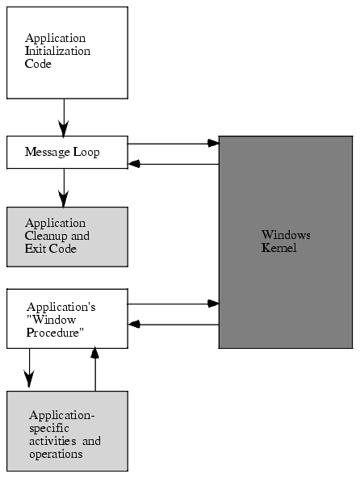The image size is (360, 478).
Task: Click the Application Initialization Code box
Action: pyautogui.click(x=67, y=52)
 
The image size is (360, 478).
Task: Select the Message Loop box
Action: pyautogui.click(x=67, y=152)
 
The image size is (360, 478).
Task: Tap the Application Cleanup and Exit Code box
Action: pyautogui.click(x=67, y=237)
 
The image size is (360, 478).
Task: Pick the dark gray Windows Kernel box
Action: pyautogui.click(x=286, y=242)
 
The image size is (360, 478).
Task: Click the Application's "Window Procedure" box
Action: pyautogui.click(x=67, y=319)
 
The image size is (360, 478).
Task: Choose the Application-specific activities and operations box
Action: pyautogui.click(x=67, y=431)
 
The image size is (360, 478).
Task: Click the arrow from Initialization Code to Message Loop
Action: pyautogui.click(x=64, y=118)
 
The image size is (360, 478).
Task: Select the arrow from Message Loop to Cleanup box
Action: pyautogui.click(x=64, y=188)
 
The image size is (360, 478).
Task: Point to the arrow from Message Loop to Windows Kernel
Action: pyautogui.click(x=174, y=143)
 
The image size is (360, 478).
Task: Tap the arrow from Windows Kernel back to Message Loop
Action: pyautogui.click(x=174, y=164)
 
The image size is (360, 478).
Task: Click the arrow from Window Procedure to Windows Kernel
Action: pyautogui.click(x=174, y=304)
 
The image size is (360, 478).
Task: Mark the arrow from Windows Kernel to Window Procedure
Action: pyautogui.click(x=174, y=325)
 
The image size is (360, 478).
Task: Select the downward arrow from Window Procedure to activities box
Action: pyautogui.click(x=29, y=368)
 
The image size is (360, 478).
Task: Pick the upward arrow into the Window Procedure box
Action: pyautogui.click(x=95, y=369)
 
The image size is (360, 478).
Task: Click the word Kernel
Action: pyautogui.click(x=279, y=248)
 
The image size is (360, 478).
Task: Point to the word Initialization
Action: pyautogui.click(x=57, y=51)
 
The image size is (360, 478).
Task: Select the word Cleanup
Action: pyautogui.click(x=46, y=237)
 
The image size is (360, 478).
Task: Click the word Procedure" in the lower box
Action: pyautogui.click(x=55, y=333)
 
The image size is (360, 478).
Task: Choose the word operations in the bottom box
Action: pyautogui.click(x=56, y=455)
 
